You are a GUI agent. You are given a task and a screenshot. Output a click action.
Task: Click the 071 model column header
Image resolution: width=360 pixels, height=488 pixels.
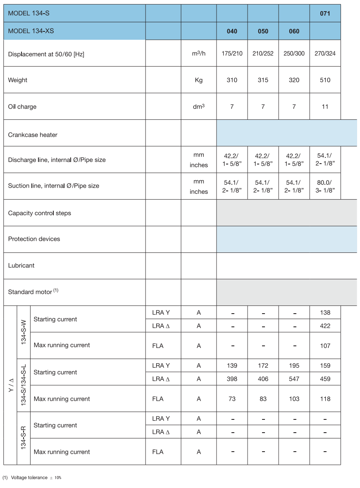tap(325, 13)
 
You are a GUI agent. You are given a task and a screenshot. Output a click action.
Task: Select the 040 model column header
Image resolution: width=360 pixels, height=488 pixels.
tap(232, 31)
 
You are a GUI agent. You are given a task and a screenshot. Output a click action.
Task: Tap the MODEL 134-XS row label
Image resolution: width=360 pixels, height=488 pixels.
tap(31, 31)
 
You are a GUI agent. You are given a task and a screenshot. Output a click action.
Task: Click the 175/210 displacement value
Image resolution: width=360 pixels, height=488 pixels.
tap(232, 54)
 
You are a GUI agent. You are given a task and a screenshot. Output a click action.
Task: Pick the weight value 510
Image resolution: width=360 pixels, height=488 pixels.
tap(325, 80)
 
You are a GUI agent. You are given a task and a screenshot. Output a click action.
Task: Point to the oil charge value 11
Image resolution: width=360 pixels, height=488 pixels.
tap(325, 107)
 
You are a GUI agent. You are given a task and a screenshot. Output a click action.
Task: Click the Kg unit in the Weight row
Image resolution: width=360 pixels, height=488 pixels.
tap(198, 80)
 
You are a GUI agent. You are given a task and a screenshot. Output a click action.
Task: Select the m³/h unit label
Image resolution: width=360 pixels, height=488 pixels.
tap(198, 54)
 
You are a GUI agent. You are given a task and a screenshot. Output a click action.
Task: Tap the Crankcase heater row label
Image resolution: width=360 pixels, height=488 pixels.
tap(33, 135)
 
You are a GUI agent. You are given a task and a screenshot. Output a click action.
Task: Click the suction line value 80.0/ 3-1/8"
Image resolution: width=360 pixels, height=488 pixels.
tap(325, 186)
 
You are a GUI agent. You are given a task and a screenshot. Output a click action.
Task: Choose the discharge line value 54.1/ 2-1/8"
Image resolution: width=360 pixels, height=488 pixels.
tap(325, 159)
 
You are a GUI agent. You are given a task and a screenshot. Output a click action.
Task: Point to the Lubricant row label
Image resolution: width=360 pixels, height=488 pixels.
tap(21, 265)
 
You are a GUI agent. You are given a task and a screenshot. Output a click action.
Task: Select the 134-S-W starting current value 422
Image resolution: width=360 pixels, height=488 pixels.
tap(325, 326)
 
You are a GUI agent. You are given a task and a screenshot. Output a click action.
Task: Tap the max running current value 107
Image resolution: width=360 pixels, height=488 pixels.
tap(325, 345)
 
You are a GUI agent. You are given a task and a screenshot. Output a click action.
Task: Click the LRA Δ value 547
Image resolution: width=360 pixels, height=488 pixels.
tap(294, 378)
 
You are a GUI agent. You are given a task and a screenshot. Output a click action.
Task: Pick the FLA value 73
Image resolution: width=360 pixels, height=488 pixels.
tap(232, 399)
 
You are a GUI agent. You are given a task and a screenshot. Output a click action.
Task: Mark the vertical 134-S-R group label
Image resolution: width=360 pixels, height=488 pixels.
tap(24, 438)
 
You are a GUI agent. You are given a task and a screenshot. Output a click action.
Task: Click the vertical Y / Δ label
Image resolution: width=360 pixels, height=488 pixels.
tap(10, 385)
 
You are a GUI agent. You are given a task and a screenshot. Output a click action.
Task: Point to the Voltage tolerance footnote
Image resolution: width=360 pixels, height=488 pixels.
tap(32, 478)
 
